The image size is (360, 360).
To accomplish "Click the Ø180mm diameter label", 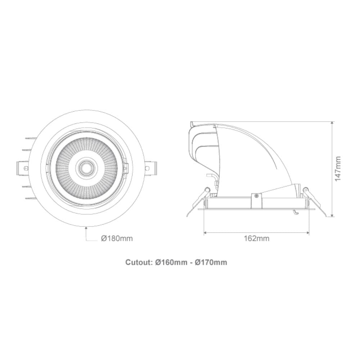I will point(117,238).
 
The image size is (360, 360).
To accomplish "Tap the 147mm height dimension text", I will point(338,168).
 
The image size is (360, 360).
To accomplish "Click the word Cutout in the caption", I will point(139,262).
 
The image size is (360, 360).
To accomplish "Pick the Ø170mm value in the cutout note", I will point(211,262).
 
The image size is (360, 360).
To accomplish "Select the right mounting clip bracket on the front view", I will point(150,167).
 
